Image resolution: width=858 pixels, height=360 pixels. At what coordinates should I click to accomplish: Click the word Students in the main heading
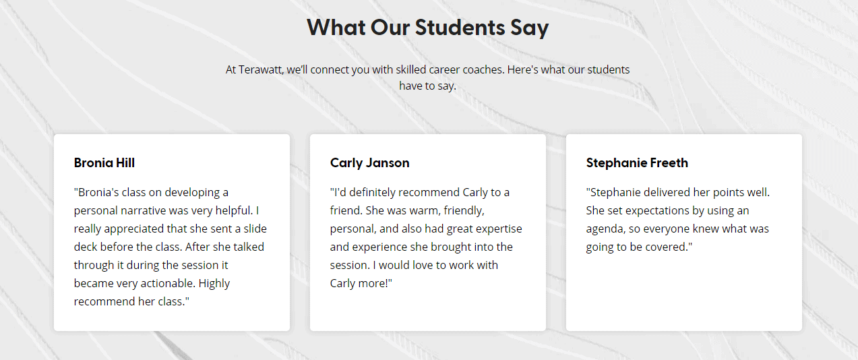[x=460, y=28]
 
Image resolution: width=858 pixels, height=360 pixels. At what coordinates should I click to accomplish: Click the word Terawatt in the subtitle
[x=260, y=69]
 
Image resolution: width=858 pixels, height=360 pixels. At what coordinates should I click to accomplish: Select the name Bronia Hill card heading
[x=104, y=162]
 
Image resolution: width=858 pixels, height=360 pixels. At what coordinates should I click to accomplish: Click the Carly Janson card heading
[x=369, y=163]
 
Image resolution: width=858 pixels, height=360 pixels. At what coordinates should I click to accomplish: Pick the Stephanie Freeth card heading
[x=637, y=162]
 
